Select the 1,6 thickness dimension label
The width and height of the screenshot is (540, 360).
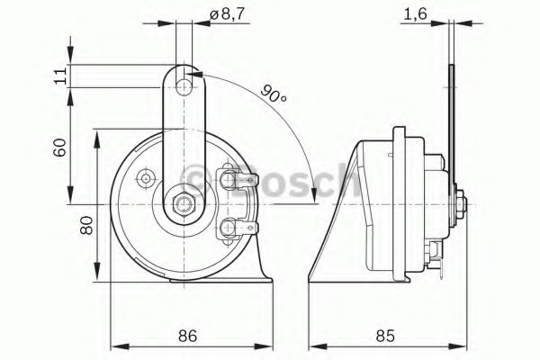click(x=415, y=14)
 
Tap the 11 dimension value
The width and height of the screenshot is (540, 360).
click(x=60, y=76)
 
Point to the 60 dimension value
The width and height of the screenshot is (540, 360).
click(x=59, y=148)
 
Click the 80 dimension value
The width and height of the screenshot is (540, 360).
click(x=86, y=225)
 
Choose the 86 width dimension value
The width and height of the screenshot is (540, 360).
click(x=188, y=335)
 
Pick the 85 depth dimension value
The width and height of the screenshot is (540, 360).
click(x=385, y=335)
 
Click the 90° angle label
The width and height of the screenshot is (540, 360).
click(x=273, y=94)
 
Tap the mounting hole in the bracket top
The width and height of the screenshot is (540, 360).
click(x=184, y=86)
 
